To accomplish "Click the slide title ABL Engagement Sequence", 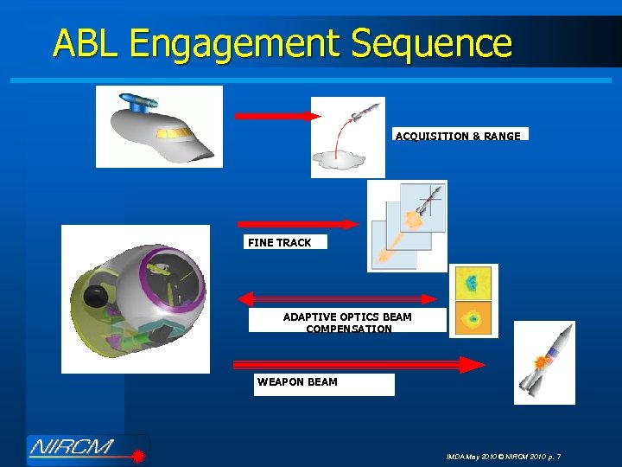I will (x=282, y=42).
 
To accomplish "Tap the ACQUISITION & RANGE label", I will (x=459, y=136).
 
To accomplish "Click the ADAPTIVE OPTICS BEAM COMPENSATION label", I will (x=347, y=323).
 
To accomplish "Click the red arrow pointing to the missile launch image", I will (x=277, y=116).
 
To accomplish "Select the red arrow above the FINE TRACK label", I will (x=296, y=224).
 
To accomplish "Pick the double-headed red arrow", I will (x=339, y=299).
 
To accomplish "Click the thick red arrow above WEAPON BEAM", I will (x=359, y=364).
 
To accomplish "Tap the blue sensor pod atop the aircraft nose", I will (x=138, y=100).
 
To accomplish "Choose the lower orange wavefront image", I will (x=473, y=317).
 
